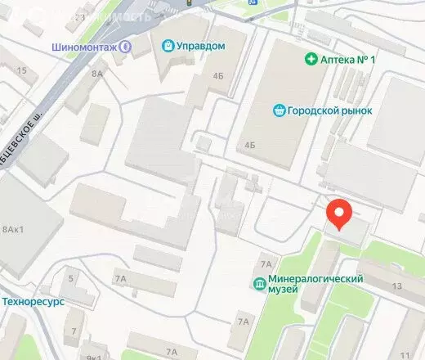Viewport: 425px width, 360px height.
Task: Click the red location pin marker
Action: point(340,215)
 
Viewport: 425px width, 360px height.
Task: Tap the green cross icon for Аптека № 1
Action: point(311,58)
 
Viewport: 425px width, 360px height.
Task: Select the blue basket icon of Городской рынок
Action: point(279,110)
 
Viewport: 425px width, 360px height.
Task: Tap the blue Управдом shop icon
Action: point(168,46)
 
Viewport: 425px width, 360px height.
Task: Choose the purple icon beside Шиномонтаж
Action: point(125,47)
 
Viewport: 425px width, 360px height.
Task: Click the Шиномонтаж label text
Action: point(84,47)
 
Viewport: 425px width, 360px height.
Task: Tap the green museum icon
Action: point(259,284)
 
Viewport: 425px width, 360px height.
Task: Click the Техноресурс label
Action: point(33,301)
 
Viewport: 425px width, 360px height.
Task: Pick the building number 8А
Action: point(99,74)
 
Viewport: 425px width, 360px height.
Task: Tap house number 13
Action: point(397,286)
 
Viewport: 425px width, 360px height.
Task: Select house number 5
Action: point(71,279)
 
